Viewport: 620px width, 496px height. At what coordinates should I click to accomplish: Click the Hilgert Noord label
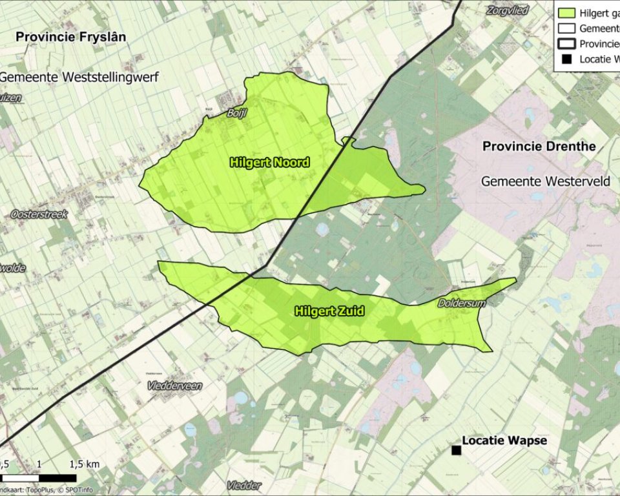pos(269,163)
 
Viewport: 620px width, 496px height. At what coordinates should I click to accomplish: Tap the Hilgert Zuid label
pos(329,311)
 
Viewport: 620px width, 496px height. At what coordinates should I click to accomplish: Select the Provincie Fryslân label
pos(71,37)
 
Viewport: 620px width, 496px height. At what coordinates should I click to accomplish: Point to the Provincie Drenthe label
pos(539,147)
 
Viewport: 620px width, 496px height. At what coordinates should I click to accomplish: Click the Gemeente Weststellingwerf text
pos(79,77)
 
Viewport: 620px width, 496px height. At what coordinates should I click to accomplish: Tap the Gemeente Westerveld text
pos(546,181)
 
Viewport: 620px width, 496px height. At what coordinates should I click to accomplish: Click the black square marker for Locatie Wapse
pos(456,449)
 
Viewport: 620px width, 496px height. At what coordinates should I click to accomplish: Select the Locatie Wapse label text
pos(504,440)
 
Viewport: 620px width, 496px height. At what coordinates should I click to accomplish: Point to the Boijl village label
pos(237,112)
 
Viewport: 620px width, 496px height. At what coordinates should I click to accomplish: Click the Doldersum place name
pos(461,302)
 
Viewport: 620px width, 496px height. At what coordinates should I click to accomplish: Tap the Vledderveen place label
pos(174,386)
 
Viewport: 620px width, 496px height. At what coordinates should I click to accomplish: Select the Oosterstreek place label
pos(39,214)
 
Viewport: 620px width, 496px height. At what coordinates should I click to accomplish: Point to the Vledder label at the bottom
pos(244,485)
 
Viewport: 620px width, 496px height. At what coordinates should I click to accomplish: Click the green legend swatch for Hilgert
pos(566,12)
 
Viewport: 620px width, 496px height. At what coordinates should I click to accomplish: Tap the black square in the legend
pos(566,59)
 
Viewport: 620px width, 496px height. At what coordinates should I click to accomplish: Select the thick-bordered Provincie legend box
pos(566,43)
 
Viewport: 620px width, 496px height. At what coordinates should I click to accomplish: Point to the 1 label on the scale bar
pos(39,464)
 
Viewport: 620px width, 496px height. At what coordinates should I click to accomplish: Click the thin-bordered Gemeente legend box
pos(566,28)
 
